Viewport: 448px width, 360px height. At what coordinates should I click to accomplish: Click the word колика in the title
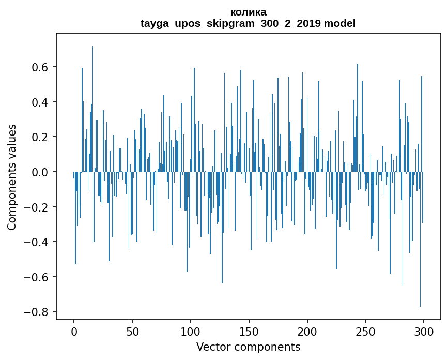tap(248, 12)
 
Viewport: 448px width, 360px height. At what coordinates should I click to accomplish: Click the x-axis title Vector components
tap(248, 347)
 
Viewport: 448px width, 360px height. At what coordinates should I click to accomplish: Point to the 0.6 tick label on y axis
tap(38, 67)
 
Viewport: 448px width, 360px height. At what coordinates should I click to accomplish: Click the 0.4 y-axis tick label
tap(38, 102)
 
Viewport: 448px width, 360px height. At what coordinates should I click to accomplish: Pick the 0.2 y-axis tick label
tap(38, 137)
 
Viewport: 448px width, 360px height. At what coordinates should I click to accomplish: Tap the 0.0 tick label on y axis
tap(38, 172)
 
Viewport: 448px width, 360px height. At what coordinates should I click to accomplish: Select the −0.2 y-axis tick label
tap(34, 207)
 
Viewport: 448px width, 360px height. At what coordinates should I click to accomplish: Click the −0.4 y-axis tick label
tap(34, 242)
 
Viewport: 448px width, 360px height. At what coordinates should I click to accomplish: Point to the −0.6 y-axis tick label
tap(34, 277)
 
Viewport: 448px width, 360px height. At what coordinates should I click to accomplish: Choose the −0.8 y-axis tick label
tap(34, 312)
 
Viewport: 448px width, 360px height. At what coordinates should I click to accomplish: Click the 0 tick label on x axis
tap(74, 331)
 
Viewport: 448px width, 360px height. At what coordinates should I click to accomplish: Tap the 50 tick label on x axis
tap(132, 331)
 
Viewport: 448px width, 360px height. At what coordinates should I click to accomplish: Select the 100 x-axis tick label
tap(191, 331)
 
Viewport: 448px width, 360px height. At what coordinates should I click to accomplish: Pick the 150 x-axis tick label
tap(249, 331)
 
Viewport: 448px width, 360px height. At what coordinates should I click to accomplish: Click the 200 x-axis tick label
tap(307, 331)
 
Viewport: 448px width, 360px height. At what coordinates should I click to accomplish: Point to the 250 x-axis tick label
tap(365, 331)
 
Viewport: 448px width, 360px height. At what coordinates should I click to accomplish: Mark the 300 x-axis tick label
tap(424, 331)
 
